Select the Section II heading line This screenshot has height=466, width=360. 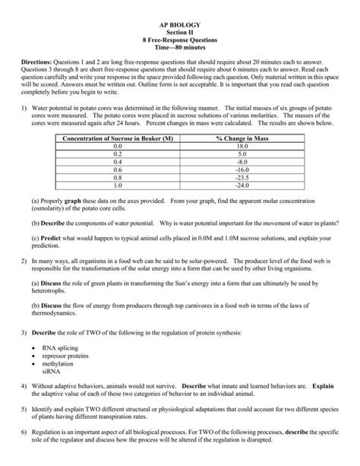(x=180, y=24)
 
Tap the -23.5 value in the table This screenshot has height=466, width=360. (x=242, y=177)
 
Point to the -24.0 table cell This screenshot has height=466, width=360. (x=242, y=185)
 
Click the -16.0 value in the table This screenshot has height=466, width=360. (x=242, y=170)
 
